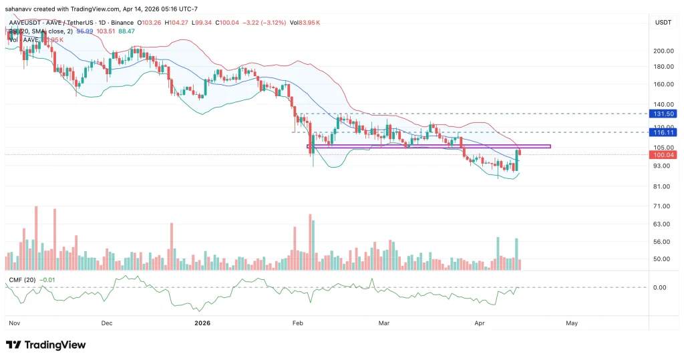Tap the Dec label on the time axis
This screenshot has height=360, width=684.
(x=106, y=323)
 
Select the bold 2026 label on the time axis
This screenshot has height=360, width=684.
(x=202, y=323)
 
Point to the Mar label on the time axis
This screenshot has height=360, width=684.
(x=384, y=323)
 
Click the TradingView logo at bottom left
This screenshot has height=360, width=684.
(x=46, y=345)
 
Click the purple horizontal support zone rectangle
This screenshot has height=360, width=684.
(x=427, y=146)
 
